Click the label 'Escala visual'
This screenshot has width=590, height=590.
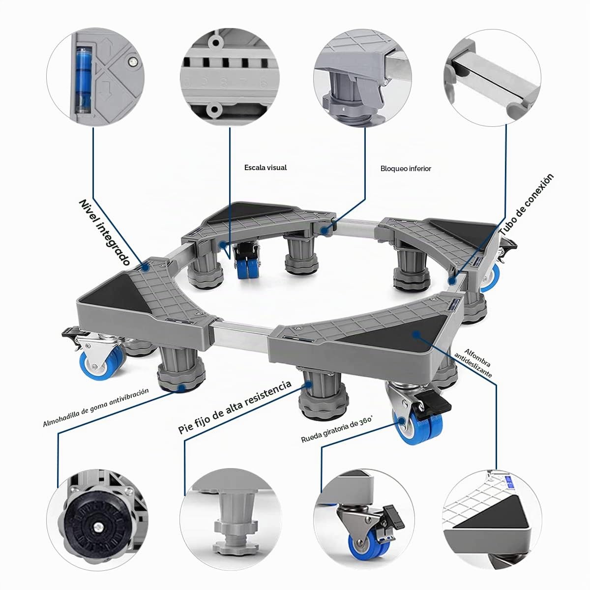pos(265,168)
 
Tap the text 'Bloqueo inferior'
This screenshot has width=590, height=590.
pos(406,169)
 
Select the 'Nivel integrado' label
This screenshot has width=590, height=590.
pos(105,233)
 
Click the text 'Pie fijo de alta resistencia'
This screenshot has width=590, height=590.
pos(235,407)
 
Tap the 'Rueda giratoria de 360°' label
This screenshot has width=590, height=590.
pos(336,430)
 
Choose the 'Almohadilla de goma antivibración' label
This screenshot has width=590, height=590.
pos(96,408)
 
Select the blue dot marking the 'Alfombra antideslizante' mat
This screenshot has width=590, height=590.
pos(415,334)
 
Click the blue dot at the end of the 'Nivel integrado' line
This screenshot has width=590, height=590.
pos(146,268)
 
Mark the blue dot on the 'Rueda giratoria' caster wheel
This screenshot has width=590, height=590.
pos(401,421)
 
